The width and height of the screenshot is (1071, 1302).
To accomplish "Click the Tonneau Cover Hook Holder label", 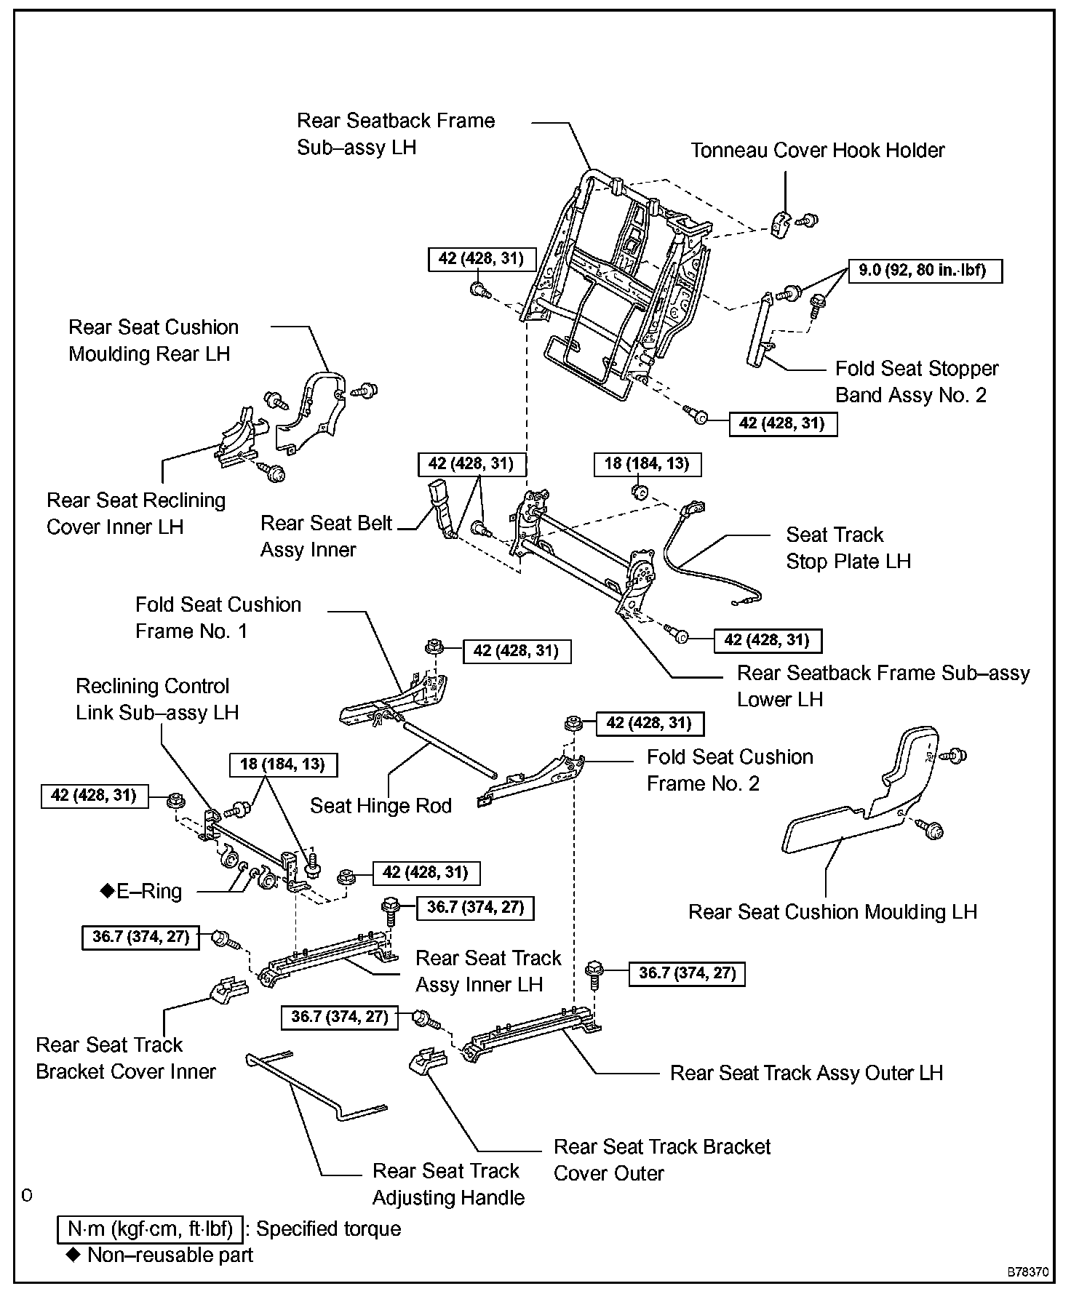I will click(817, 151).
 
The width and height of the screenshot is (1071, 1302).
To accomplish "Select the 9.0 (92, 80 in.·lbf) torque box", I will click(925, 271).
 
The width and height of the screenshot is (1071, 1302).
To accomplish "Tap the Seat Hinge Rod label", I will click(381, 805).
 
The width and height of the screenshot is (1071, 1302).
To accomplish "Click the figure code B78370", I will click(1027, 1273).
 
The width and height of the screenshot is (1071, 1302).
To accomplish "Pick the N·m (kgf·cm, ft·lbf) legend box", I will click(150, 1229).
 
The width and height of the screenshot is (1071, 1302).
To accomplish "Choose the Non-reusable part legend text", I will click(170, 1255).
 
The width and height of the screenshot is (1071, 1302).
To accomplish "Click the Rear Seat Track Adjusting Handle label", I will click(447, 1184).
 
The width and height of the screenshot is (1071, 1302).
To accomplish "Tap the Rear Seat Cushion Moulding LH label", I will click(832, 911).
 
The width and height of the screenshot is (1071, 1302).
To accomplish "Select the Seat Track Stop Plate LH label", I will click(848, 548).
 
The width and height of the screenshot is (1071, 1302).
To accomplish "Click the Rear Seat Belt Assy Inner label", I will click(326, 536).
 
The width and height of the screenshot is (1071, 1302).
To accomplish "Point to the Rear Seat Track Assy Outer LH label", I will click(806, 1073).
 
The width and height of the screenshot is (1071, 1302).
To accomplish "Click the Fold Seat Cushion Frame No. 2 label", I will click(730, 770).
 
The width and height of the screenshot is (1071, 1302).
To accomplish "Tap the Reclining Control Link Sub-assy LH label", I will click(156, 699).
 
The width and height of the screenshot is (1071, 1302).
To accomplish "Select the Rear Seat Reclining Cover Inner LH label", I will click(136, 514).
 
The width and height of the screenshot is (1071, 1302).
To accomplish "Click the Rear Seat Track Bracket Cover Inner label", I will click(126, 1058).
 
